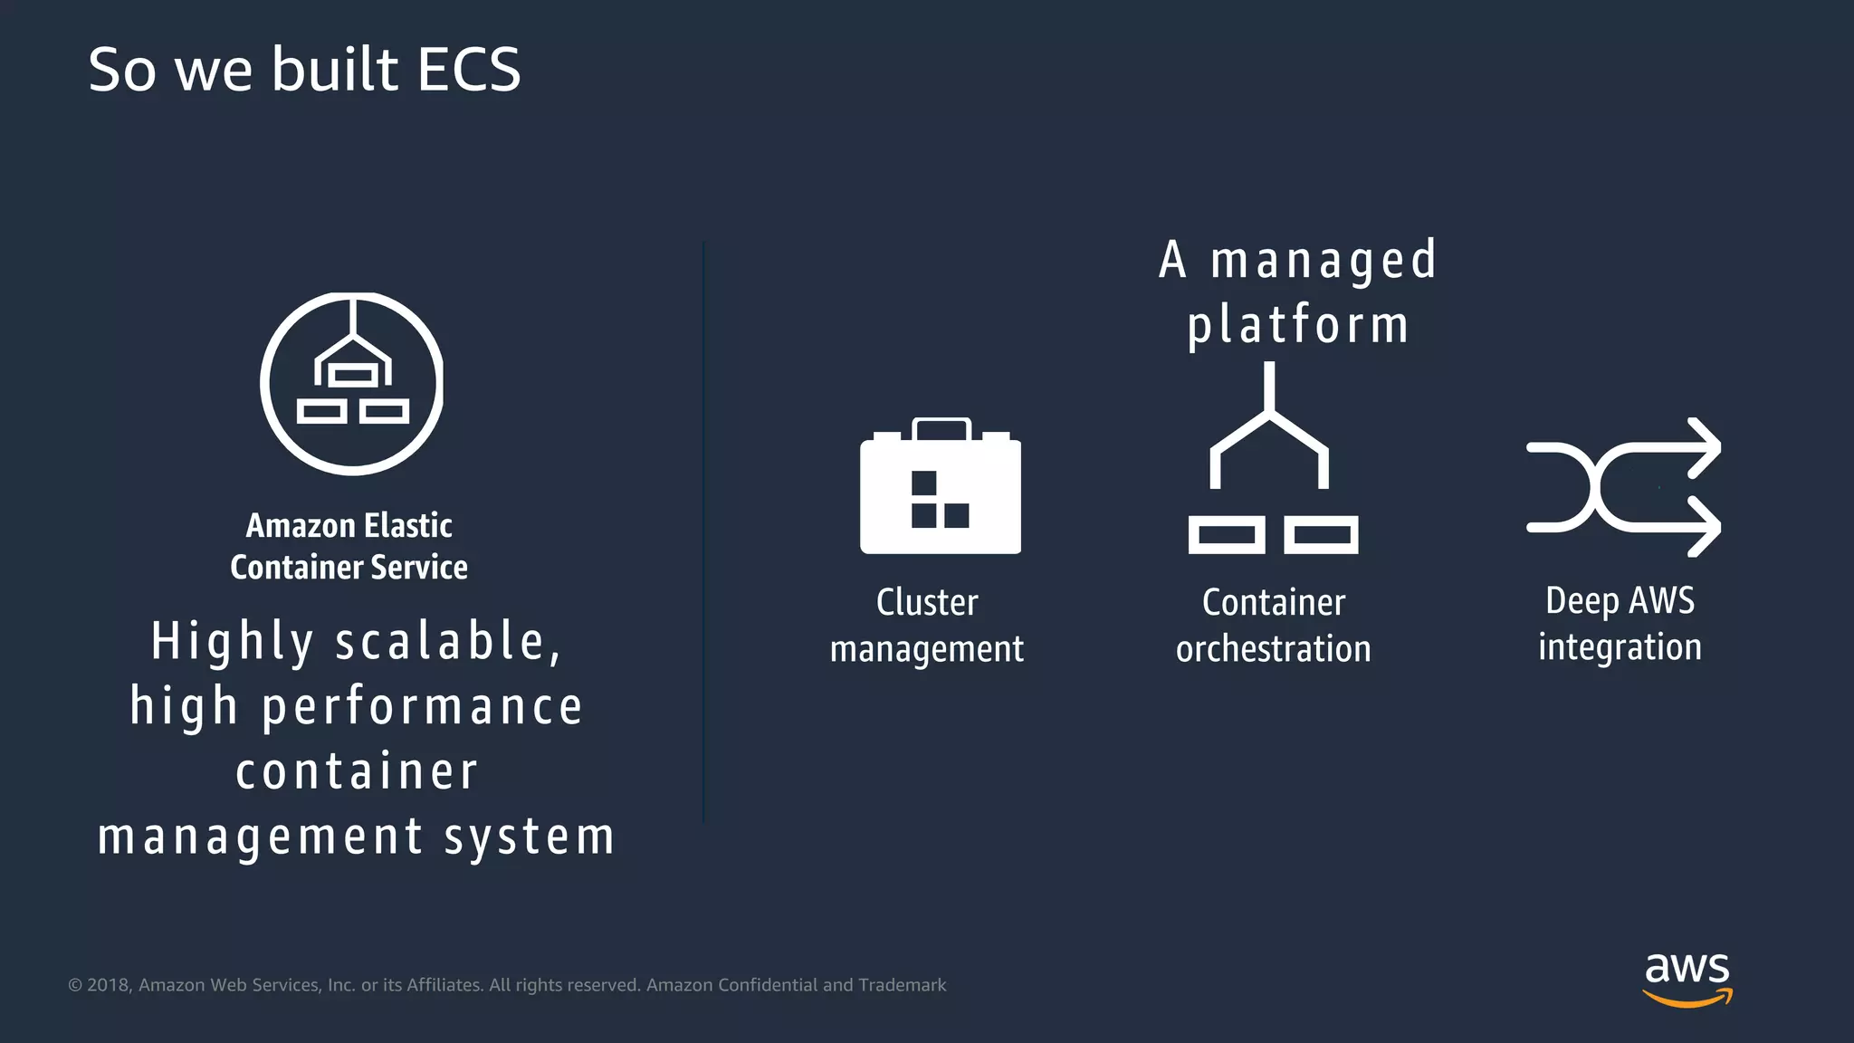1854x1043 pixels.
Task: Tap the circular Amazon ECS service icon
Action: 352,383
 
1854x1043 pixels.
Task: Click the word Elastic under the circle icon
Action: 407,526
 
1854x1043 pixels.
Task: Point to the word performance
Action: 422,707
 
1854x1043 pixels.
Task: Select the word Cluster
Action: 927,603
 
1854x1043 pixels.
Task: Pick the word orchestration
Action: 1273,649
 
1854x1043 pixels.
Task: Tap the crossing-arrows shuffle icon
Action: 1622,487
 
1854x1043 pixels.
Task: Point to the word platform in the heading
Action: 1298,325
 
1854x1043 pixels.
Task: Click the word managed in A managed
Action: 1324,261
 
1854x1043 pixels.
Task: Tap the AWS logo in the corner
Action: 1687,979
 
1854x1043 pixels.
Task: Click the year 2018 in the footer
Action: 109,985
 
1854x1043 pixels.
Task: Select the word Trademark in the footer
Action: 902,985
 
